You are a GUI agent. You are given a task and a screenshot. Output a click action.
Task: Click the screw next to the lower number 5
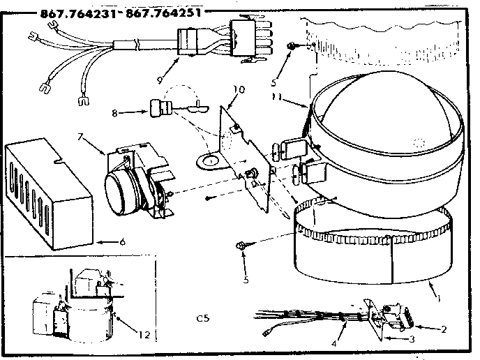tap(242, 245)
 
